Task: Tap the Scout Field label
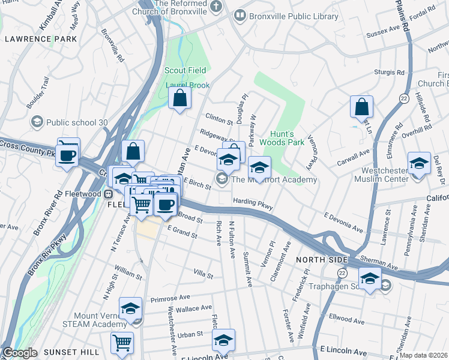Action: (185, 70)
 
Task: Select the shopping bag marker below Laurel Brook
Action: (179, 98)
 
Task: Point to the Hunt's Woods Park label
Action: (282, 139)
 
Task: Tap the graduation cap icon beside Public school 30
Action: (37, 122)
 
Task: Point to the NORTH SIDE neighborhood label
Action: (322, 259)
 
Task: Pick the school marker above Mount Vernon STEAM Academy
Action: (130, 308)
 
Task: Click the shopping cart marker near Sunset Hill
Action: (122, 343)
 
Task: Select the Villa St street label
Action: (203, 274)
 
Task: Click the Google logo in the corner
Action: (19, 353)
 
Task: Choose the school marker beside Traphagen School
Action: (370, 278)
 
